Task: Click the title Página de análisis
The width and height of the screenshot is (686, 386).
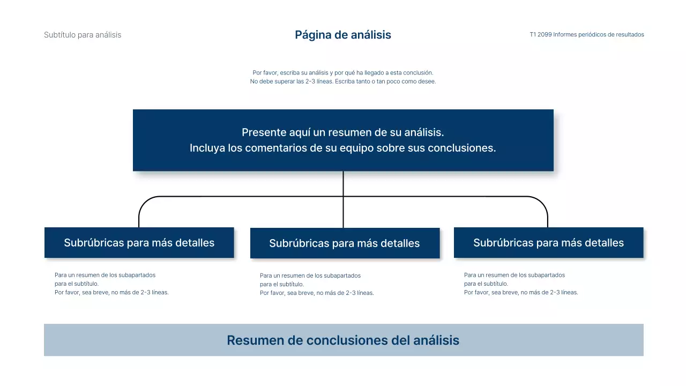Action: pos(343,35)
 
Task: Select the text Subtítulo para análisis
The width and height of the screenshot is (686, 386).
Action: pos(83,35)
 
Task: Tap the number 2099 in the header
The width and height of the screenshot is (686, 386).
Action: pos(545,34)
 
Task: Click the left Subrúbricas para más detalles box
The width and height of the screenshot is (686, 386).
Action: pos(139,243)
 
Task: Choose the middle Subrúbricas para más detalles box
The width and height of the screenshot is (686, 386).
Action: pos(344,243)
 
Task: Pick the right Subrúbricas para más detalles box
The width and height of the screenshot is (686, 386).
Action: pos(548,243)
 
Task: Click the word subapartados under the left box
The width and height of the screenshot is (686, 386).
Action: pos(138,275)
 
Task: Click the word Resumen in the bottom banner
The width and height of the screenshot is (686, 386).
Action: pos(253,340)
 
